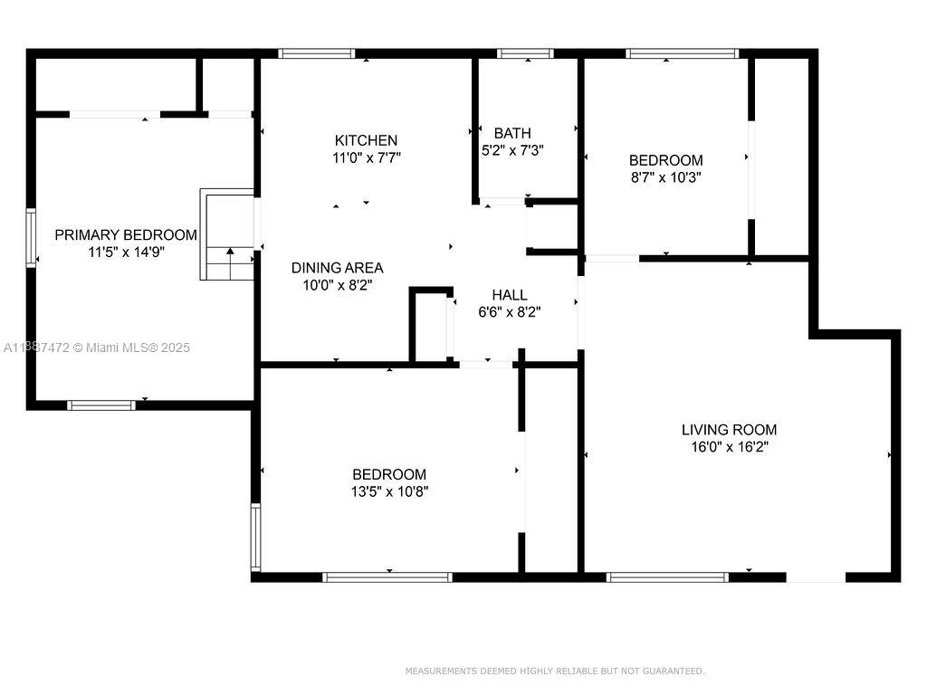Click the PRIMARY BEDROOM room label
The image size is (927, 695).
pos(126,234)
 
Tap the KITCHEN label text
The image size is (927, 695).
pos(366,140)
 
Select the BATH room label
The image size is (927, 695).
pos(512,133)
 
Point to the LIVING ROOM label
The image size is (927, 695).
pos(729,430)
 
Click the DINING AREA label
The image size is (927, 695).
pos(337,268)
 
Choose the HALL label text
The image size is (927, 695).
pos(509,295)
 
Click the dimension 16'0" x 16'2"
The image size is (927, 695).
pos(729,447)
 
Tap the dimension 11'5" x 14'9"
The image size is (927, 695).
pos(126,252)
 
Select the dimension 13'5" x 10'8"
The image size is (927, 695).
pos(389,491)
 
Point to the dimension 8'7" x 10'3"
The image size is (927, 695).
pos(665,177)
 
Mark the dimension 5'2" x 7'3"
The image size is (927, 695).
pos(512,150)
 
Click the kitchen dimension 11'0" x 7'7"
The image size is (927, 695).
pos(366,157)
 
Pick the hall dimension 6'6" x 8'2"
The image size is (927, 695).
pos(509,312)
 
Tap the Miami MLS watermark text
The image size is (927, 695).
pos(97,347)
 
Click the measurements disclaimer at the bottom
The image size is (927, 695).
pos(554,671)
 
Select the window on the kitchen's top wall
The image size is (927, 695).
pos(316,53)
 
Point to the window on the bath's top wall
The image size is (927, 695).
pos(525,53)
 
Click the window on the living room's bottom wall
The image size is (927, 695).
pos(667,576)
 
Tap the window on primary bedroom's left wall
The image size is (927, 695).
pos(31,238)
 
